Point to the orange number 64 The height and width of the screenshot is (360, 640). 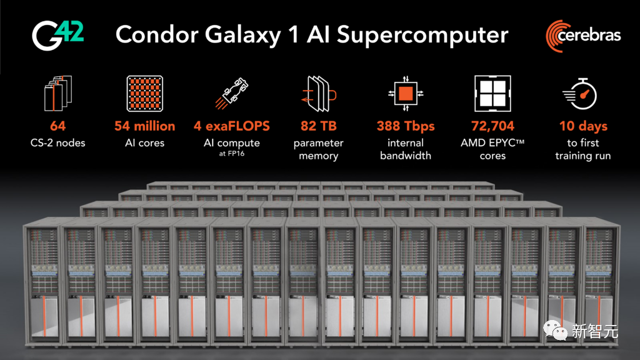(x=57, y=126)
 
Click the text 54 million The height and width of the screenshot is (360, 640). (x=145, y=126)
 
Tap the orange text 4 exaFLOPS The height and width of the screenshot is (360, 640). (x=232, y=126)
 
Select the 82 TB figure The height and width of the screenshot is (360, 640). (x=318, y=126)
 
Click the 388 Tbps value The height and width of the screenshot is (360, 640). (x=406, y=126)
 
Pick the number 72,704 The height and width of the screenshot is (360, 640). (x=492, y=126)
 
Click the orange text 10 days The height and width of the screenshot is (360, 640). (x=582, y=126)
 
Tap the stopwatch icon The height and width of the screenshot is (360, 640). (x=581, y=93)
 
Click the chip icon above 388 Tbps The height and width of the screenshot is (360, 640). (x=406, y=94)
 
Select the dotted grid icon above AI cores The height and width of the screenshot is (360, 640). (x=144, y=94)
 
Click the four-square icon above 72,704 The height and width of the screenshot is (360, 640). (x=492, y=94)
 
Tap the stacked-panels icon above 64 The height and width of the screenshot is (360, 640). (x=57, y=94)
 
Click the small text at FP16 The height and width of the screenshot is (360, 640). (x=232, y=154)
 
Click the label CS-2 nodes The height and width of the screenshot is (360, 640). (x=57, y=143)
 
